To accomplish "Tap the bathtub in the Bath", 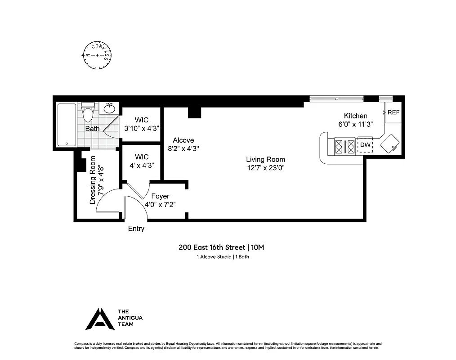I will [67, 125].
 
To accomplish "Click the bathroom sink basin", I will [109, 108].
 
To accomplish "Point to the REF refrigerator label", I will [393, 112].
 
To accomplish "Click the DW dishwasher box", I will [365, 145].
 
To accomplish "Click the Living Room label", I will [265, 159].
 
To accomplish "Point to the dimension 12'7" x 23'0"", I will [265, 168].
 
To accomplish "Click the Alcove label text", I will [183, 140].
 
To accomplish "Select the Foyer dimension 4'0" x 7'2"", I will [160, 204].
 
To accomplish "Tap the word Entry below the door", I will [136, 229].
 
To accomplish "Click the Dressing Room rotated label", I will [93, 180].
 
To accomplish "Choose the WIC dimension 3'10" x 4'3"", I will [142, 128].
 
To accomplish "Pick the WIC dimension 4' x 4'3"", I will [142, 165].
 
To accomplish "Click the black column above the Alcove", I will [194, 112].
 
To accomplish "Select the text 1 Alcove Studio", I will [213, 257].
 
